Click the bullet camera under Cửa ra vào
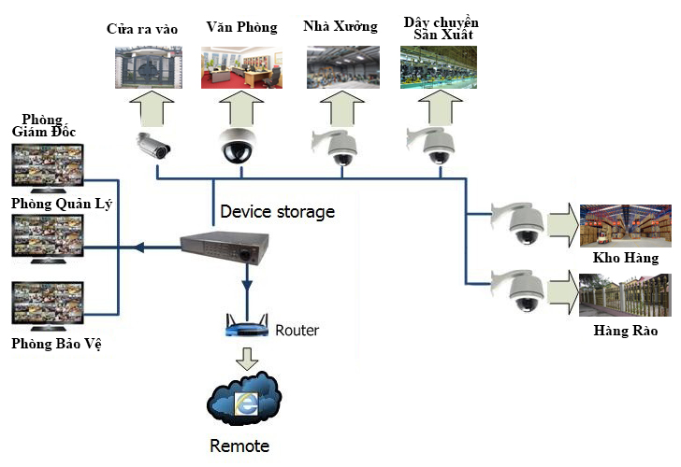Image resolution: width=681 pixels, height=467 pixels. [153, 145]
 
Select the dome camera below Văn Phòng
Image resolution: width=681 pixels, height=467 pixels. [238, 145]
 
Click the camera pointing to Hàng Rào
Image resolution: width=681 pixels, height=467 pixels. [518, 290]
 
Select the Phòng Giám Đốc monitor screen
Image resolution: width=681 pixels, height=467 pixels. [45, 166]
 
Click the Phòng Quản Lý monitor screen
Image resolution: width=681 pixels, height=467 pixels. [45, 234]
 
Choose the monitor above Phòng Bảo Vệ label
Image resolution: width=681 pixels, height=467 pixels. [45, 306]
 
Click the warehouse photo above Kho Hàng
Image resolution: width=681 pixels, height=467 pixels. [625, 226]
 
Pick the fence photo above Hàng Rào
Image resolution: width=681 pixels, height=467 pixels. [625, 294]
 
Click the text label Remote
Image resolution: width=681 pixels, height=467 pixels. [239, 446]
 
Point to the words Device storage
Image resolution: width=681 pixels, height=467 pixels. [277, 212]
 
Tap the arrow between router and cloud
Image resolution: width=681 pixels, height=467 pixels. [246, 358]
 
